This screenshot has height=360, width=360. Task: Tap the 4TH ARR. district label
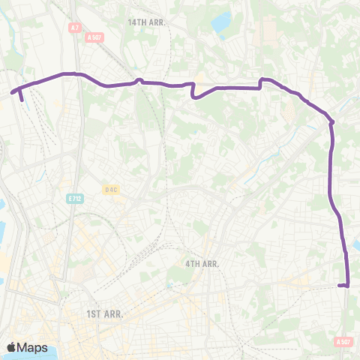(x=201, y=264)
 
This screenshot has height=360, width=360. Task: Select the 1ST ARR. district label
(x=103, y=313)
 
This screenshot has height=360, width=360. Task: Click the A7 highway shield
(x=73, y=28)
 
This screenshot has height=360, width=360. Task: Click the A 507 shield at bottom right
(x=343, y=342)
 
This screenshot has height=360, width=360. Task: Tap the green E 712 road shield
(x=73, y=199)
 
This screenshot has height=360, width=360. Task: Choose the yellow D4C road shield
(x=111, y=190)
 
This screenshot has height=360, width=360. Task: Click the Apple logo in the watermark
(x=12, y=347)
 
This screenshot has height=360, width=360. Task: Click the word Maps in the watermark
(x=32, y=348)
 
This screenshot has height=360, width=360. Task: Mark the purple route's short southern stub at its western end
(x=21, y=96)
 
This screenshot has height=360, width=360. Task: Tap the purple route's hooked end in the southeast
(x=342, y=285)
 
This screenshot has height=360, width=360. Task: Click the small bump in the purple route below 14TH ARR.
(x=139, y=80)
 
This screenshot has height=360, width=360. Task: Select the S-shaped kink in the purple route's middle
(x=194, y=91)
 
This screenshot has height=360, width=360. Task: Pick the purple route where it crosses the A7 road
(x=75, y=73)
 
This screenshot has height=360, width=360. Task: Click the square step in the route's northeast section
(x=261, y=82)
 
